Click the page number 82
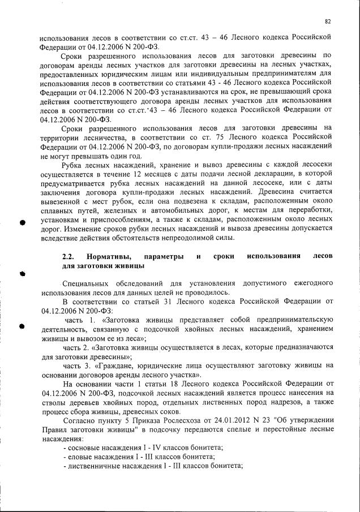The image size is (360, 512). pyautogui.click(x=328, y=21)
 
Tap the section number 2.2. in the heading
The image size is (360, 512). pyautogui.click(x=68, y=257)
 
